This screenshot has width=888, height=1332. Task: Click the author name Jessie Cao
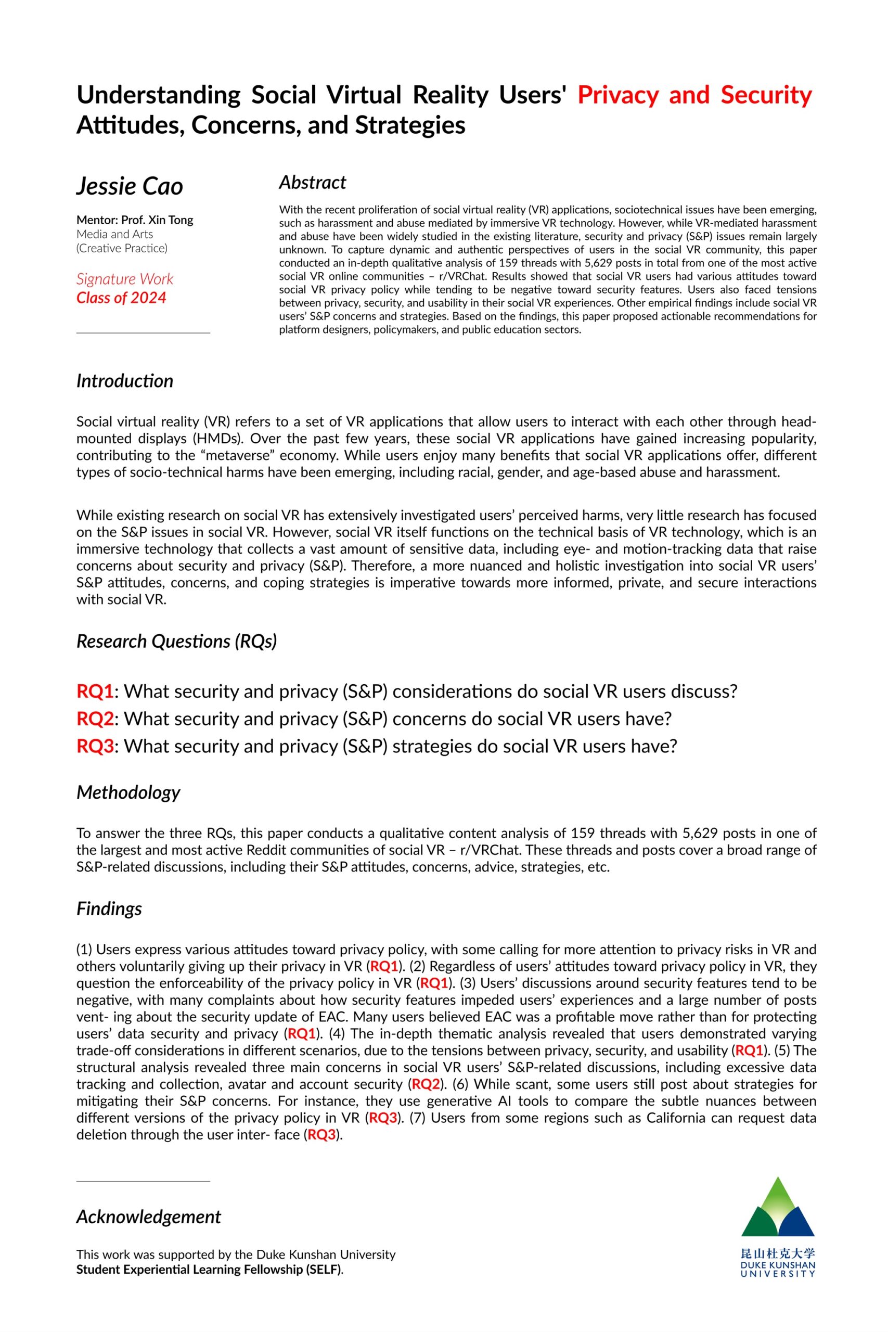(130, 186)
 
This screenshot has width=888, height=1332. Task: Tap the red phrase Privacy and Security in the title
(694, 95)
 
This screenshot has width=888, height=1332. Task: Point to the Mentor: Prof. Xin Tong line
(135, 220)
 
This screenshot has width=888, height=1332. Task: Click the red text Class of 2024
(121, 298)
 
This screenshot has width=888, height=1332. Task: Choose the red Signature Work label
(125, 279)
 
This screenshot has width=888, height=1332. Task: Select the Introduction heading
(125, 380)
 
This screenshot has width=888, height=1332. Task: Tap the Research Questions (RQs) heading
(177, 641)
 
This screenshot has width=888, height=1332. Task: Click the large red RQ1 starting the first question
(95, 691)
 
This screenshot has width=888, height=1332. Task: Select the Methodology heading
(128, 792)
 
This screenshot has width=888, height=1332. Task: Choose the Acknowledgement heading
(148, 1216)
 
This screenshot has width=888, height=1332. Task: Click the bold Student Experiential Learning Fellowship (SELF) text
(209, 1270)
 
